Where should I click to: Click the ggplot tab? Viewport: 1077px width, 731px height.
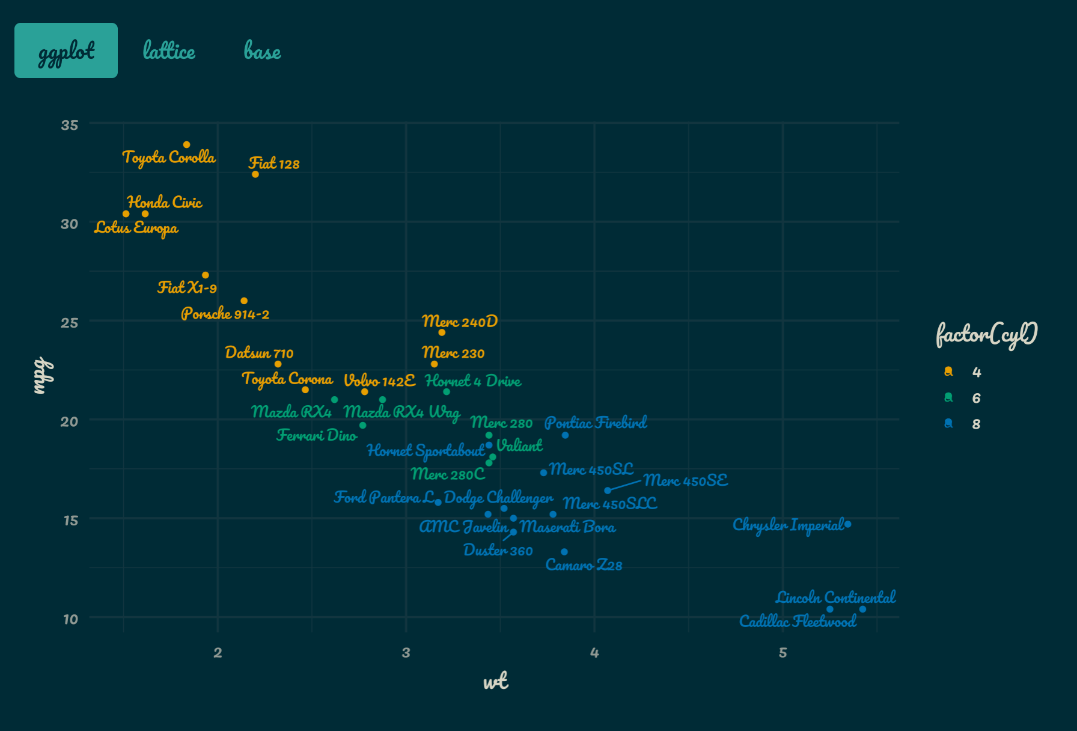(x=66, y=50)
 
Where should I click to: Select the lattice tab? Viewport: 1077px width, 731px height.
(x=169, y=50)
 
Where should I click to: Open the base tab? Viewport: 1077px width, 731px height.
(x=262, y=51)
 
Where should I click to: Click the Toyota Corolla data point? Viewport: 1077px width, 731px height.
(x=187, y=145)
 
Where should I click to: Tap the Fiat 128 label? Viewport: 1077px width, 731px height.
(x=274, y=164)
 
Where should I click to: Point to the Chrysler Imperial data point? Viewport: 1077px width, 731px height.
(x=847, y=524)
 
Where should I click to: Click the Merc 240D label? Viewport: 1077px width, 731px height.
(x=460, y=321)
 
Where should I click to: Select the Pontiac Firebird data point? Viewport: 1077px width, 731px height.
(x=565, y=435)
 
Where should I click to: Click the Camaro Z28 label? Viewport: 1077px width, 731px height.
(x=584, y=565)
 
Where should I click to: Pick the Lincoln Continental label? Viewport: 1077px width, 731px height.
(x=835, y=597)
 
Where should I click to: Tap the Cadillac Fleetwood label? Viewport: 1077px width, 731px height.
(x=798, y=621)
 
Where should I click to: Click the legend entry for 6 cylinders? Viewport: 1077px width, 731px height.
(x=962, y=398)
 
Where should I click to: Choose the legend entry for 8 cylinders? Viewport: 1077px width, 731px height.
(x=962, y=424)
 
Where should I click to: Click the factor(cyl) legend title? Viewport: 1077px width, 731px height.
(x=987, y=334)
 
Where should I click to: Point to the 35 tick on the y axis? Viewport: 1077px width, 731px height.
(x=70, y=125)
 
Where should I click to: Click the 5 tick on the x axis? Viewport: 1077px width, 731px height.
(x=783, y=653)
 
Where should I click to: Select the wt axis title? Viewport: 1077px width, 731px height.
(x=496, y=681)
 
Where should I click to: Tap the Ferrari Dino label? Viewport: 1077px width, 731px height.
(x=317, y=435)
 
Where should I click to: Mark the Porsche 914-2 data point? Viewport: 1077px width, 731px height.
(x=244, y=301)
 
